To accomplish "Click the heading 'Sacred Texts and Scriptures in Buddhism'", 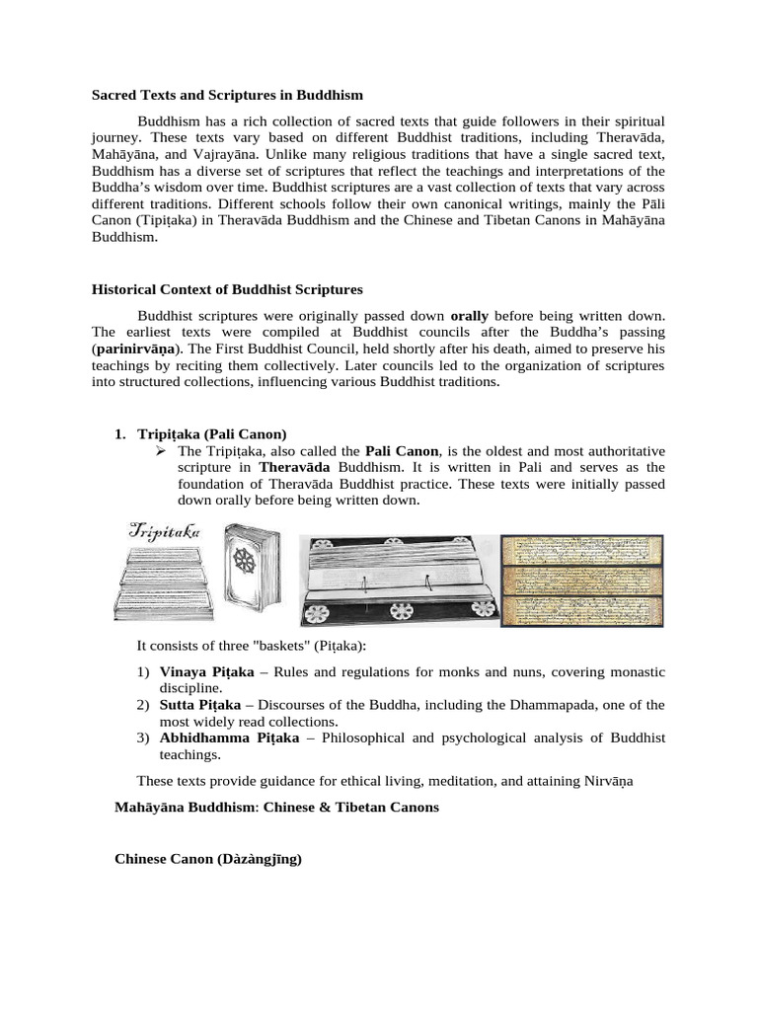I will coord(227,96).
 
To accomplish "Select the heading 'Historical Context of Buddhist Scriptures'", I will coord(227,289).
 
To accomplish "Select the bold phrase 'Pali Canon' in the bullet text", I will coord(401,450).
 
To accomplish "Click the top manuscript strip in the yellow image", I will coord(581,551).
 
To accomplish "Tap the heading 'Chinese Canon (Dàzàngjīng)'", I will coord(207,859).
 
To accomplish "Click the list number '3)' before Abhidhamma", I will coord(142,738).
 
